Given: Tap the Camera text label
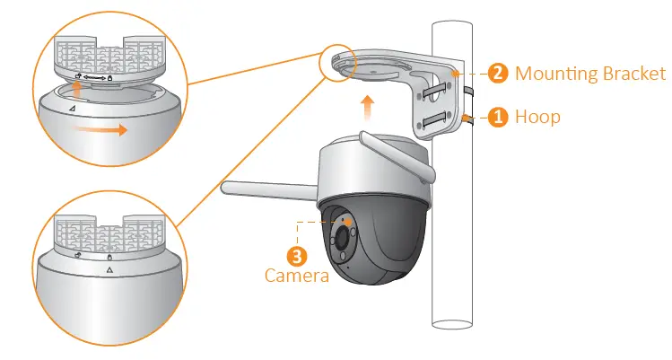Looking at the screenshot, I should (297, 276).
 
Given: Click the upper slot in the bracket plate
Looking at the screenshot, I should (434, 90).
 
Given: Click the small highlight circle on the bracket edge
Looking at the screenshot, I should (337, 62).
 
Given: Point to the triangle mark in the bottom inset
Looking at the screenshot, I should (109, 269).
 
